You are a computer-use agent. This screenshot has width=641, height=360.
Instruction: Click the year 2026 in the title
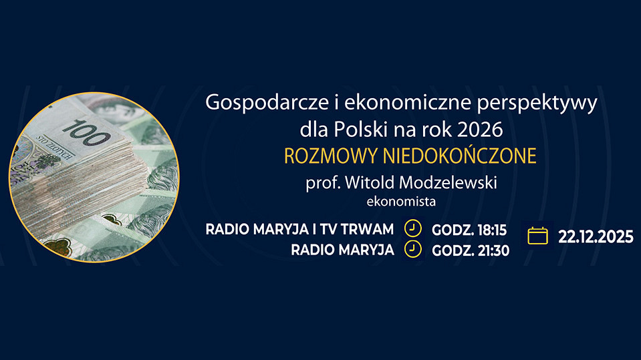[480, 130]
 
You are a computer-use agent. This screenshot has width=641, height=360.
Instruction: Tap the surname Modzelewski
[448, 182]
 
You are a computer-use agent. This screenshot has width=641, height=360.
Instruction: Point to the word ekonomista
[401, 202]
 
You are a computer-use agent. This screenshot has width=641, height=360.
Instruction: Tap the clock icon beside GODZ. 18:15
[413, 228]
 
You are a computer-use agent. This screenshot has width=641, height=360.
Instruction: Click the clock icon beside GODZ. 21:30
[413, 249]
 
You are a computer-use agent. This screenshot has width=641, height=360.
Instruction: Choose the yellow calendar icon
[537, 236]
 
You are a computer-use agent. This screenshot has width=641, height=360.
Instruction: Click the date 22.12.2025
[596, 237]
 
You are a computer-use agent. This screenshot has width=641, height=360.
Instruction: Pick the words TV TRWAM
[357, 229]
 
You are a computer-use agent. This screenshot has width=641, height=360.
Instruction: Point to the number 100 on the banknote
[87, 133]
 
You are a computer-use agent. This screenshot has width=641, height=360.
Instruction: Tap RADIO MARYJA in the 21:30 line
[343, 250]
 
